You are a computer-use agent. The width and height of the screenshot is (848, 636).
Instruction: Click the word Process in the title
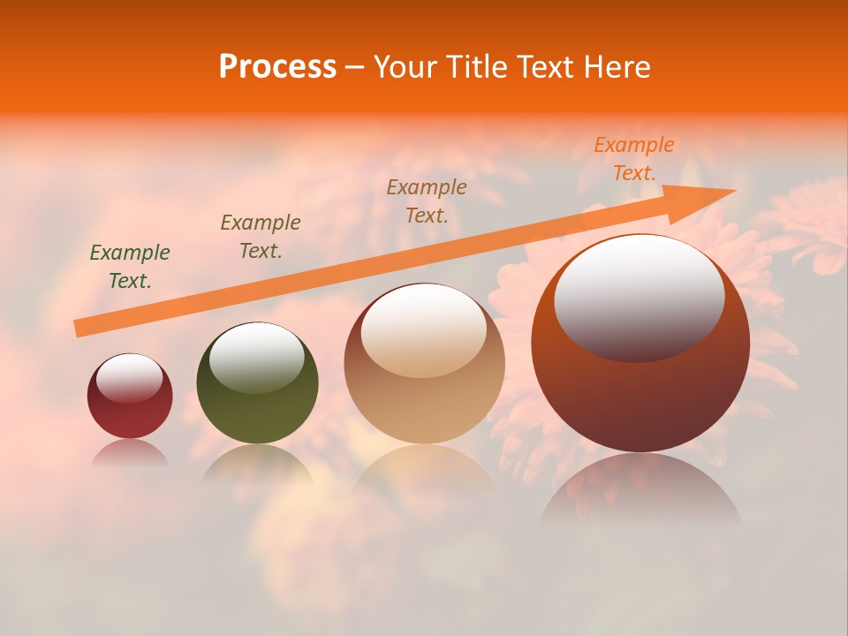point(277,67)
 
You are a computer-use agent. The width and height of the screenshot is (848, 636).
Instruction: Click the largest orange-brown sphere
point(640,389)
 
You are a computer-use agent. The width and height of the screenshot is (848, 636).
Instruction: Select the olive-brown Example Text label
point(261,237)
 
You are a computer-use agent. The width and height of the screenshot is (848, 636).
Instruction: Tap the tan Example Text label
point(427,201)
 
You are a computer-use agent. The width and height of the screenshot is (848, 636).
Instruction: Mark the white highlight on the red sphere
point(130,378)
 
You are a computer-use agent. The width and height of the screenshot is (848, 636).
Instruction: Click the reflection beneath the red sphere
point(129,454)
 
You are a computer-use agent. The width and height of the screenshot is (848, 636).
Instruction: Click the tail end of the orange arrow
point(82,328)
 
